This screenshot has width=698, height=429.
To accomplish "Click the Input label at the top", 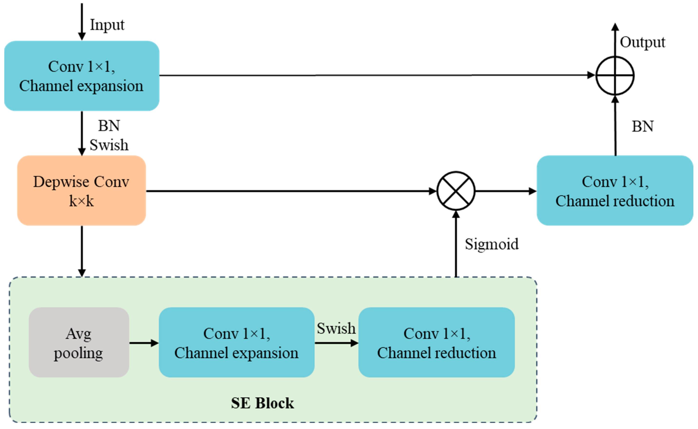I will [107, 25].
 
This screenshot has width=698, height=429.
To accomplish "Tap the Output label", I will [642, 43].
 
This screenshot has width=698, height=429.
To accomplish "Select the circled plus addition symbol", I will [615, 75].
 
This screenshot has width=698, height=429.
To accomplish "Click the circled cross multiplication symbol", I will [456, 191].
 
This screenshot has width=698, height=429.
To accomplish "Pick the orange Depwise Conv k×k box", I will [82, 191].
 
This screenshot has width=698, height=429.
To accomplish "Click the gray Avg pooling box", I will [79, 342].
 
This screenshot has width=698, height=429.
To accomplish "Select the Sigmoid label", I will [492, 244].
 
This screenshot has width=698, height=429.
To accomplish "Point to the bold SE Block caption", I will [262, 403].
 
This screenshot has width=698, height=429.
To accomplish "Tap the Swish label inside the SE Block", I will [336, 329].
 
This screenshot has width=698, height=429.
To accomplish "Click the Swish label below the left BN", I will [109, 145].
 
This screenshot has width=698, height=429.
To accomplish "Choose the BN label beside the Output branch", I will [643, 126].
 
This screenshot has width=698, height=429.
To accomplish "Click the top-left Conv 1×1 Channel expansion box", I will [82, 76].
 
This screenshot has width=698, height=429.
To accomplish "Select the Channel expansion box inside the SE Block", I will [236, 342].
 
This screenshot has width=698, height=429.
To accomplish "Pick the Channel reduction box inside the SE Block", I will [436, 342].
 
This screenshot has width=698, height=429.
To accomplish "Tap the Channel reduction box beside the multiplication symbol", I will [615, 191].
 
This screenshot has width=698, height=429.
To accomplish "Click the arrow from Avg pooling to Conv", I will [144, 343].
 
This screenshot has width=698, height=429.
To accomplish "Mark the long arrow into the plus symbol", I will [369, 75].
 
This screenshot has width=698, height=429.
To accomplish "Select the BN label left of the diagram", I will [109, 126].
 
